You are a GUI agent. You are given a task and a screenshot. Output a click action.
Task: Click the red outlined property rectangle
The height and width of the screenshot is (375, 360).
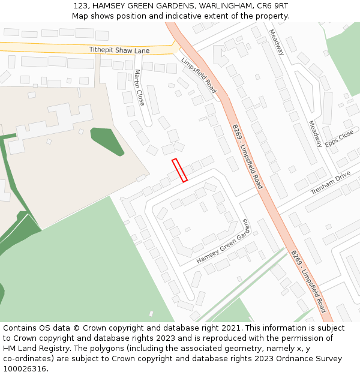180,170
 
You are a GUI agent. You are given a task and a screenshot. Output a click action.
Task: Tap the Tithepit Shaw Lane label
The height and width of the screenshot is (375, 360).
119,50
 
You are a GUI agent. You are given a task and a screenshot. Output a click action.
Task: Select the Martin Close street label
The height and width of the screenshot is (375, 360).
140,88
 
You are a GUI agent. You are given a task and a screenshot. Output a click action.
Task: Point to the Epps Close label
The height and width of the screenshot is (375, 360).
340,139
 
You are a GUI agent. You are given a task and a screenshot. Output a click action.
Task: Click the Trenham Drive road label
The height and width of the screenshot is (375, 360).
330,182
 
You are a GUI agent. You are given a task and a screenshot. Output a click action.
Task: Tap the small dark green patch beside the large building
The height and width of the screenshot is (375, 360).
106,140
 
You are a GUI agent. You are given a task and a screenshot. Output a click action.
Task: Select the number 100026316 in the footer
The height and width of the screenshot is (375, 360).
25,369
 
